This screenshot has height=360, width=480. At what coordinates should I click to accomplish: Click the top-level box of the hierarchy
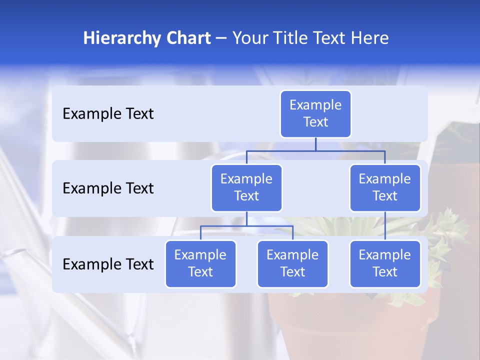[x=315, y=114]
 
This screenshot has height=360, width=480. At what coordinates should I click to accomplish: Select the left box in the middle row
[x=246, y=188]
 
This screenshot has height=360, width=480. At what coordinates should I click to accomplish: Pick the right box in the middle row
[x=385, y=188]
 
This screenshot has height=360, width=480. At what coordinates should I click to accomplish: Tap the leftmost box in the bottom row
[x=200, y=264]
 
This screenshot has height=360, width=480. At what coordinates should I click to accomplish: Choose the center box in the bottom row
[x=292, y=264]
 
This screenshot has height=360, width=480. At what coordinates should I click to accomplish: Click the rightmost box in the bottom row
[x=385, y=264]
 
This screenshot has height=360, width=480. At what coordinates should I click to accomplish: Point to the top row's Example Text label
[x=108, y=114]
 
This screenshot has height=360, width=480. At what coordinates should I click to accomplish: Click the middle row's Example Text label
[x=108, y=188]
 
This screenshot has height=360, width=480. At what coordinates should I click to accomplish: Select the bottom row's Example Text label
[x=108, y=264]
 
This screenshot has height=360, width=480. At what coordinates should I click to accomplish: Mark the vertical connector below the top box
[x=315, y=144]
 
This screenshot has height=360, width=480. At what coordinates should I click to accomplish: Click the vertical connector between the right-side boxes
[x=385, y=226]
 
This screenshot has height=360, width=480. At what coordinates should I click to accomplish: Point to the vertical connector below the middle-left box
[x=246, y=219]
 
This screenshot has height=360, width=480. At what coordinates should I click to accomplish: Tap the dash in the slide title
[x=221, y=38]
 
